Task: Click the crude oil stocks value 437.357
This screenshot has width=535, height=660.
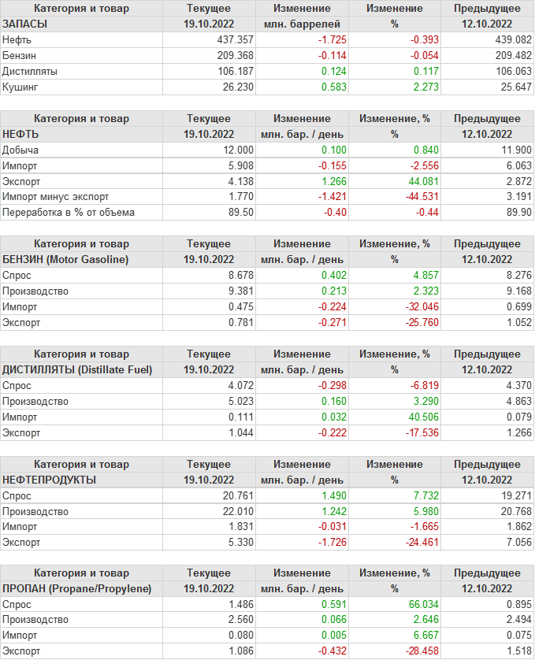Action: click(235, 39)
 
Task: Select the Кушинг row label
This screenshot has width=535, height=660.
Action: click(20, 87)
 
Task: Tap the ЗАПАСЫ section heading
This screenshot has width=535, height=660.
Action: click(25, 24)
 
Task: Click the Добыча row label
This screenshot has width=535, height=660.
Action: click(20, 150)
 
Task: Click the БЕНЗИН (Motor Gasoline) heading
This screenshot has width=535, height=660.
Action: click(66, 259)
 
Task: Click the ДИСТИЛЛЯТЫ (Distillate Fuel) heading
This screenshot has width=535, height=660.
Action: click(77, 369)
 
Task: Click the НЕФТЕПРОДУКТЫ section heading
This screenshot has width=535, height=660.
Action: click(50, 480)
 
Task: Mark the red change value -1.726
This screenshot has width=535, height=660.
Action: click(315, 543)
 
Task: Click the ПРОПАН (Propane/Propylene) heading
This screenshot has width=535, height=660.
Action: click(77, 589)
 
